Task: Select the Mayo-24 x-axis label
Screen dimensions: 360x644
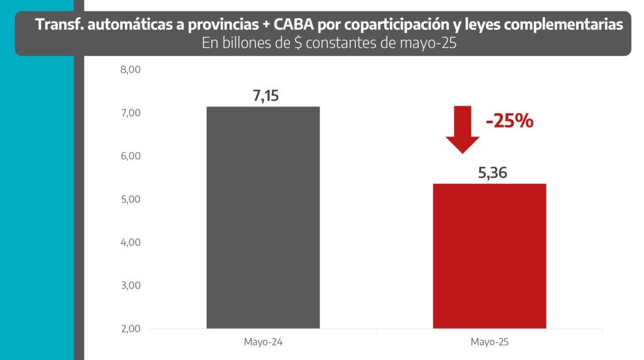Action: (x=263, y=342)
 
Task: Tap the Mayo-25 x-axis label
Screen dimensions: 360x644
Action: (x=489, y=342)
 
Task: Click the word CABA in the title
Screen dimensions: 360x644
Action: (x=294, y=25)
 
